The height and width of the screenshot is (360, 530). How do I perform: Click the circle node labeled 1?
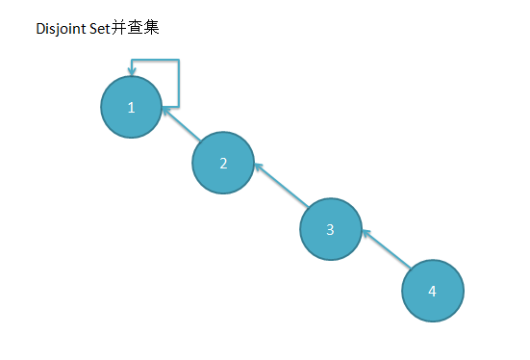(x=132, y=107)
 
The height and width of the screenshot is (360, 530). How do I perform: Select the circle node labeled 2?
(x=223, y=163)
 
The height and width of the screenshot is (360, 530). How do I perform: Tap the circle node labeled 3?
(x=330, y=230)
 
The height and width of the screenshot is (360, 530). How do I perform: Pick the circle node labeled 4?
(x=432, y=291)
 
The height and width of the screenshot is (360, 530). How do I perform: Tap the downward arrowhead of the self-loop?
(x=132, y=70)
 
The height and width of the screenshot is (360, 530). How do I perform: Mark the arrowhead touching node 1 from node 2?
(x=166, y=113)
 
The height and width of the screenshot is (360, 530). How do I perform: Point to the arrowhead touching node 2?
(x=258, y=167)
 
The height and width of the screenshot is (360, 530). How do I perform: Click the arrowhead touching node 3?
(x=366, y=232)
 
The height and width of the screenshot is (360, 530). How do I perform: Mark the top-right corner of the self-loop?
(x=180, y=61)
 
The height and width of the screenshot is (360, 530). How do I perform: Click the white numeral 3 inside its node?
(x=330, y=230)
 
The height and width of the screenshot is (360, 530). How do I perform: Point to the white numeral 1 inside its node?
(x=132, y=107)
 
